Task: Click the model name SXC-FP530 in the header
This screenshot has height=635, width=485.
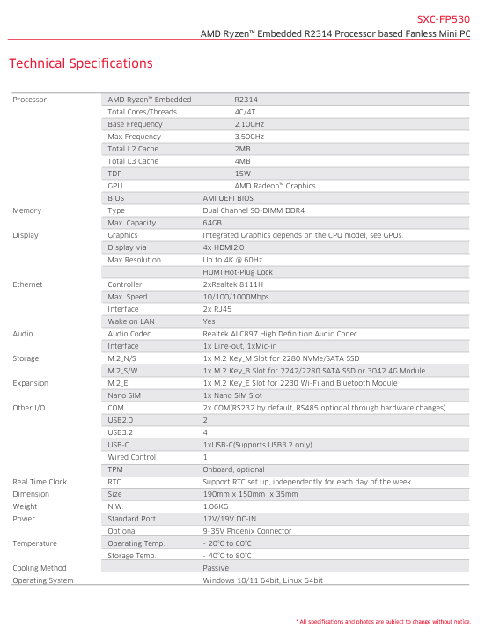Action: pos(443,18)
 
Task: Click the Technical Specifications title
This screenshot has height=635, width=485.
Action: pos(80,63)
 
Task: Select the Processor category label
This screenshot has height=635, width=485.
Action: pos(29,100)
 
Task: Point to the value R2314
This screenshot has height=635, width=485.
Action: pos(246,100)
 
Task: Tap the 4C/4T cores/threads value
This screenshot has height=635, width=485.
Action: pos(245,112)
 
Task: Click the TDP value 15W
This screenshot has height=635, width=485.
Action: pos(242,174)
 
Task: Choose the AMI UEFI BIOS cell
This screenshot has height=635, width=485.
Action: pos(227,198)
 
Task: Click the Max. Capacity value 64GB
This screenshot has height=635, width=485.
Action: pos(212,223)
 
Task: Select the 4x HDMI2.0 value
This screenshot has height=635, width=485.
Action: pos(224,247)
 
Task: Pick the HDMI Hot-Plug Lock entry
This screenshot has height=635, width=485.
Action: pos(238,272)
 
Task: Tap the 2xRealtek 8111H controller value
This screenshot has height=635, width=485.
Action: pos(232,284)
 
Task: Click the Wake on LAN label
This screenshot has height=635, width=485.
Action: pos(130,321)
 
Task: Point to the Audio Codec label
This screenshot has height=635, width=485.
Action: pos(129,334)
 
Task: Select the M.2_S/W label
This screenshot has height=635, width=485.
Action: pos(123,371)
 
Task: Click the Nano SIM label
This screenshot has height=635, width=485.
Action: pos(125,395)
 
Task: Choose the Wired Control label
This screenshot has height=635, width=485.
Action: pos(131,457)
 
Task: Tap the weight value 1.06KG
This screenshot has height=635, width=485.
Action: pos(217,506)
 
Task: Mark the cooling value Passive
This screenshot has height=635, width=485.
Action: pos(216,568)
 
